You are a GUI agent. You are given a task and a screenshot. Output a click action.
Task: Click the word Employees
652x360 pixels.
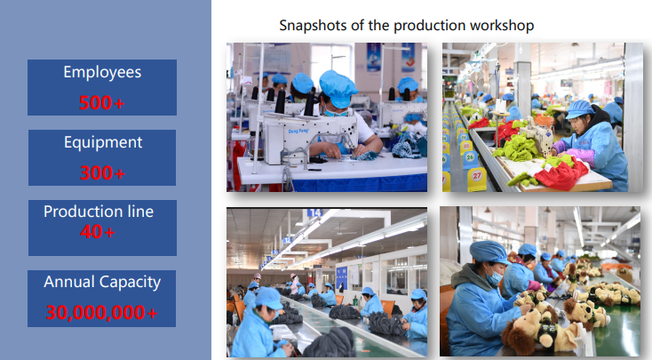[102, 72]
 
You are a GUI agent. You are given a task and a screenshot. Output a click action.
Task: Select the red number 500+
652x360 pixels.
[102, 102]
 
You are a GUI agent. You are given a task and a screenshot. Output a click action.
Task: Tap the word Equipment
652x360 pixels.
[103, 143]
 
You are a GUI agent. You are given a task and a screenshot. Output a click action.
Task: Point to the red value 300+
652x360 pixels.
[102, 172]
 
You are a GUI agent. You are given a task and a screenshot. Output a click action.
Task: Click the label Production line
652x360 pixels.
[99, 212]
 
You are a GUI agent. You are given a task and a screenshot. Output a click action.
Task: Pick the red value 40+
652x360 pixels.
[98, 231]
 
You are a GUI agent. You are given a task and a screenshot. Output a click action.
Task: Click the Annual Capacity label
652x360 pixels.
[102, 282]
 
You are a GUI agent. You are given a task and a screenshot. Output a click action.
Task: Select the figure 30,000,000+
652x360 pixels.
[102, 313]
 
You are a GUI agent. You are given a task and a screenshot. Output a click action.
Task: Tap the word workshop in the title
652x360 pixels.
[502, 26]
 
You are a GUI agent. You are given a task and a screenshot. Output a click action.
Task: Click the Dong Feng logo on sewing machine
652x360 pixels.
[298, 131]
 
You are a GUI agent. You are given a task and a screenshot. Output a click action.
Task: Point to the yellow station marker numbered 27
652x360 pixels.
[477, 177]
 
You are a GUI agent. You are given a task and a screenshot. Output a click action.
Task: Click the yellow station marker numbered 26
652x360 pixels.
[470, 157]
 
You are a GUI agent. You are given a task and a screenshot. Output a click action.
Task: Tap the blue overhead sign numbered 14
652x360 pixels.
[314, 212]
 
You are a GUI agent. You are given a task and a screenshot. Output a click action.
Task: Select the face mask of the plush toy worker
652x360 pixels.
[494, 276]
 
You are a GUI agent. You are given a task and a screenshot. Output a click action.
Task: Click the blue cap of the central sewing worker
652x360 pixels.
[338, 88]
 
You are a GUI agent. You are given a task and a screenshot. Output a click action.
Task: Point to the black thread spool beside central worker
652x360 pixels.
[309, 103]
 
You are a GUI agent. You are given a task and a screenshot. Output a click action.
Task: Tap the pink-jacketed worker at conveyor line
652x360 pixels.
[295, 284]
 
